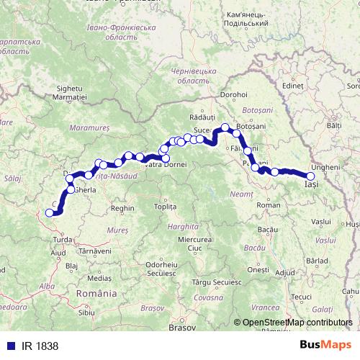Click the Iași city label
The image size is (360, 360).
311,185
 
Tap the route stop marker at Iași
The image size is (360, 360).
311,176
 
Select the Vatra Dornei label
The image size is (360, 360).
166,165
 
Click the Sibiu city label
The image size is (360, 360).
86,312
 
